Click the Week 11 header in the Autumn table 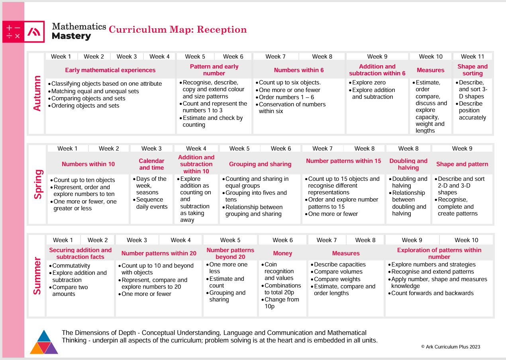click(473, 57)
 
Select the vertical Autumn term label click(37, 93)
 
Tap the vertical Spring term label click(38, 184)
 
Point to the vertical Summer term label click(37, 276)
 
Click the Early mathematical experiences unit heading click(110, 70)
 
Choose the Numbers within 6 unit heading click(299, 70)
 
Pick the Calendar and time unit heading click(151, 164)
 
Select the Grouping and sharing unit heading click(260, 164)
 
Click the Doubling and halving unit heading click(408, 164)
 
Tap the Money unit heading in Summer click(282, 253)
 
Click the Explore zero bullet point click(367, 82)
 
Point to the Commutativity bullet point click(69, 266)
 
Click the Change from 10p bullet click(280, 303)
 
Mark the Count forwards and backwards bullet click(431, 293)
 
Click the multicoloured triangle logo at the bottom click(44, 342)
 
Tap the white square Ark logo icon click(34, 31)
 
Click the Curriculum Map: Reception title click(178, 29)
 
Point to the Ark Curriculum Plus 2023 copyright click(451, 347)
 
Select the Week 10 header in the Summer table click(466, 240)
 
